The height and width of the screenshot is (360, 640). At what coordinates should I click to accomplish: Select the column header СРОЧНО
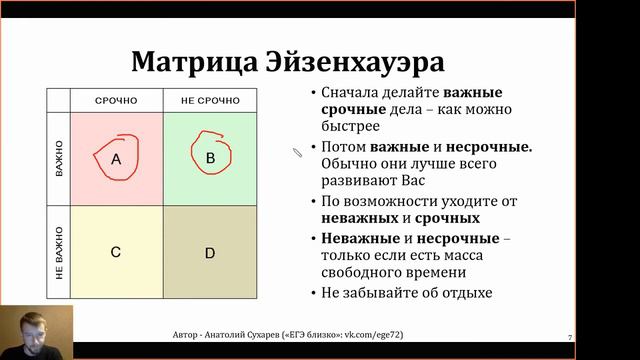coord(116,101)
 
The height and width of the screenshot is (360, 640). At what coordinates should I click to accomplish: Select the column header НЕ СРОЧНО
coord(209,101)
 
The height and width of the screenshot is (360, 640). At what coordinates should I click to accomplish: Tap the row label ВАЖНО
coord(59,158)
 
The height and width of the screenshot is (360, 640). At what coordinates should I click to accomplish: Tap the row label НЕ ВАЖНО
coord(59,252)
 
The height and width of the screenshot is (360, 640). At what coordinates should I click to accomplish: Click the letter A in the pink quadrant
coord(116,159)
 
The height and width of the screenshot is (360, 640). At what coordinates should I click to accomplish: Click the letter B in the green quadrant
coord(210,158)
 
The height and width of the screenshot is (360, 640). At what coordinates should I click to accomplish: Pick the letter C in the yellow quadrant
coord(116,252)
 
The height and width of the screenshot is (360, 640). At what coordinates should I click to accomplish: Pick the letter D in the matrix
coord(210,252)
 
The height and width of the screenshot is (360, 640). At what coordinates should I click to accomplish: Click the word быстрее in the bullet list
coord(351,127)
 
